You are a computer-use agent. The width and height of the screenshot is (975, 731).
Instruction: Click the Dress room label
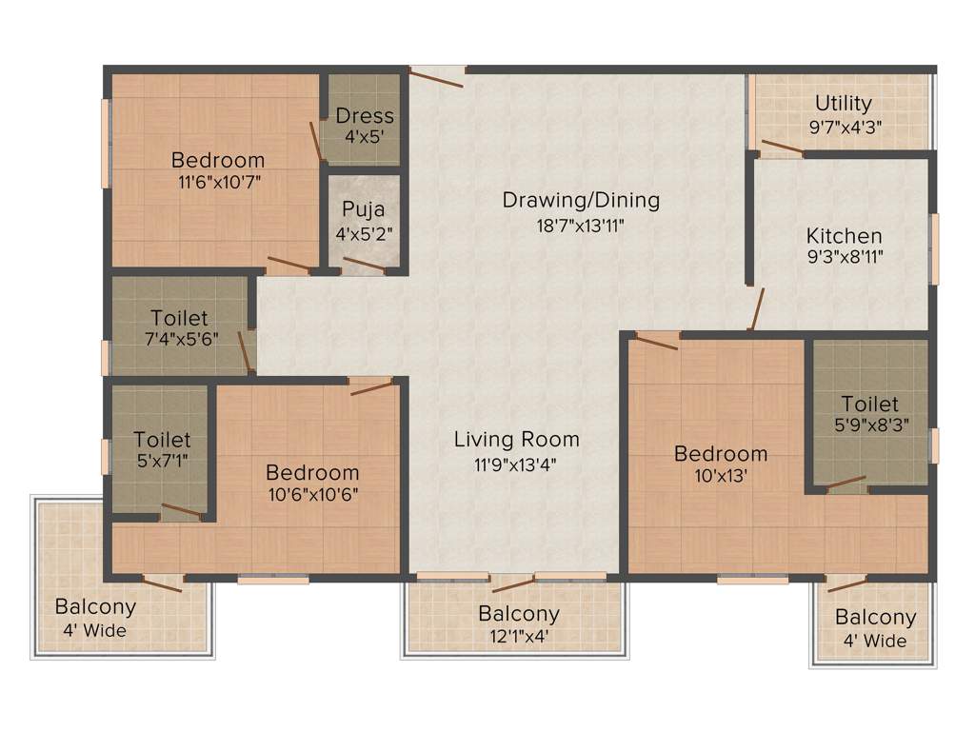click(x=365, y=116)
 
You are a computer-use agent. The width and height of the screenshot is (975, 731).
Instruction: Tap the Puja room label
click(x=365, y=208)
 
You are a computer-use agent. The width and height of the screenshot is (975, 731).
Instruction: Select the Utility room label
click(x=843, y=103)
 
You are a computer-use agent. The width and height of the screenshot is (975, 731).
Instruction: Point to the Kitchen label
click(x=844, y=235)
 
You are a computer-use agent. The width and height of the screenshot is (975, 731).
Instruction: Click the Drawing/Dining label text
click(x=581, y=201)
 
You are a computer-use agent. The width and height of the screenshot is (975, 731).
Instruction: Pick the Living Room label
click(x=516, y=439)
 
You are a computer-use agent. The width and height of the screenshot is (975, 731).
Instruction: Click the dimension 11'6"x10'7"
click(x=218, y=182)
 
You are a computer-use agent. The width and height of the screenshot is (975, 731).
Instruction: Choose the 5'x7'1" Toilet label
click(x=162, y=440)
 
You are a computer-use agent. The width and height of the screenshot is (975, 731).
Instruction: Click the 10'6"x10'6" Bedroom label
click(x=312, y=472)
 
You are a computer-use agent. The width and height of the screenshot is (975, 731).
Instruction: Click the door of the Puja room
click(x=364, y=266)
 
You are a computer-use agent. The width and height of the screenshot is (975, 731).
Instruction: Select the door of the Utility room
click(x=782, y=148)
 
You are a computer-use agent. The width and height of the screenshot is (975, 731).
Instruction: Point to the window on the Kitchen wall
click(x=934, y=247)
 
